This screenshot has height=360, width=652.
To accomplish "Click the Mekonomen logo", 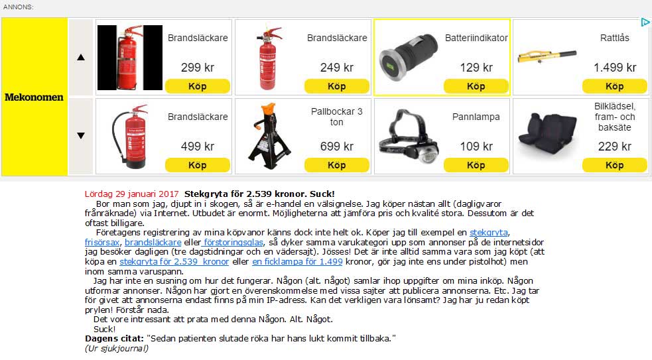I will coord(34,97).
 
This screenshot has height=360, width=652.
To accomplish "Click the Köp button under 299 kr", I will coord(197,86).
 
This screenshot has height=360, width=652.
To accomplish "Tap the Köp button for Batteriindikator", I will coord(476,86).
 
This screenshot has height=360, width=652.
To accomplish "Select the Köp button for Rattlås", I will coord(614,86).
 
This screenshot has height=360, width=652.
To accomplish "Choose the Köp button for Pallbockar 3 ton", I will coord(336,165).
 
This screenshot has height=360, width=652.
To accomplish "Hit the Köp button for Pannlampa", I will coord(476,165).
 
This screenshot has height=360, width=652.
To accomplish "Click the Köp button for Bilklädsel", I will coord(614,165).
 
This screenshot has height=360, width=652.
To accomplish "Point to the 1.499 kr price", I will coord(614,67).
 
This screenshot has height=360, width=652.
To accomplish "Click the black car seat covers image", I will coord(546,136).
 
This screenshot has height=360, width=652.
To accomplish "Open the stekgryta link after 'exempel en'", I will coord(489,233).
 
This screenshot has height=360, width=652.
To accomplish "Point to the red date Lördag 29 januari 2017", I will coord(132,194).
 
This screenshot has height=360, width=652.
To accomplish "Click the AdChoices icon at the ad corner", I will coord(645,23).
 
